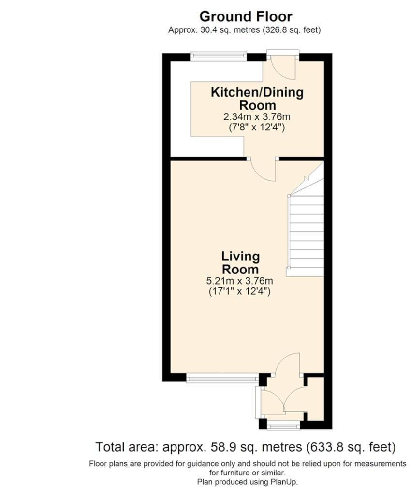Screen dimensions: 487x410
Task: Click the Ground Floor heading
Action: (246, 16)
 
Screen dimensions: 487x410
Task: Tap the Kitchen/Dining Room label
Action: (257, 98)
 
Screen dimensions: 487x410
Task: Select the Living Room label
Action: (240, 262)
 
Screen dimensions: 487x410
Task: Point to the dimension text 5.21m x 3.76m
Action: (240, 281)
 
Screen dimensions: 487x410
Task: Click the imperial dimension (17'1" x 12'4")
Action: (240, 291)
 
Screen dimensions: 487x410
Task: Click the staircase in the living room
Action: (306, 232)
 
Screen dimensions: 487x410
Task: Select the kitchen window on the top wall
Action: (219, 56)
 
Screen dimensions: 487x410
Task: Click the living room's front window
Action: (222, 379)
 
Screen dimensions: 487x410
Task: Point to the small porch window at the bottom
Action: (284, 426)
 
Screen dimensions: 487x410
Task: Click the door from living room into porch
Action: (288, 365)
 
